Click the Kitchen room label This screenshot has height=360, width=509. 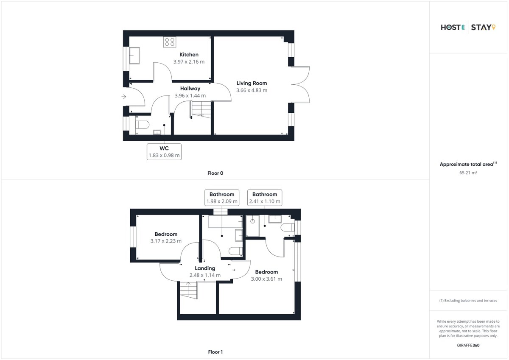189,55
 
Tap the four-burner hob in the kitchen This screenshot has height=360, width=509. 170,42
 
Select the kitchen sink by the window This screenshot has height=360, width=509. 134,56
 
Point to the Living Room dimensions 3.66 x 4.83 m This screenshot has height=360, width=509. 252,90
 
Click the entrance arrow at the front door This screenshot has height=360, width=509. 123,97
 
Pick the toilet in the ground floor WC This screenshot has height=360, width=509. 142,125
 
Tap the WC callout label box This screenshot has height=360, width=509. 164,152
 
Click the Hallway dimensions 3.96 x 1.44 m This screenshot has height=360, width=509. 190,96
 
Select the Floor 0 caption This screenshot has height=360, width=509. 215,173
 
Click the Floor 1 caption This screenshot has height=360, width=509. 215,352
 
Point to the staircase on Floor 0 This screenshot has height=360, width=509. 201,109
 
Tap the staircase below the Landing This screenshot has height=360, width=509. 189,290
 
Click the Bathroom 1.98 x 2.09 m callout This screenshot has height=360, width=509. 222,198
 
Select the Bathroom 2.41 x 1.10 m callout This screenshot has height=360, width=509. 265,198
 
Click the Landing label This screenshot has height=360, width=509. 205,268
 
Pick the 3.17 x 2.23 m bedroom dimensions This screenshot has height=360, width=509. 166,241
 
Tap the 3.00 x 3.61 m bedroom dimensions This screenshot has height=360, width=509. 266,279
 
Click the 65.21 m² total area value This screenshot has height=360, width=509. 468,173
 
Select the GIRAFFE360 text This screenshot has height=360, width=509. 468,345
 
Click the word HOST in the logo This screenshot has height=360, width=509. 450,28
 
